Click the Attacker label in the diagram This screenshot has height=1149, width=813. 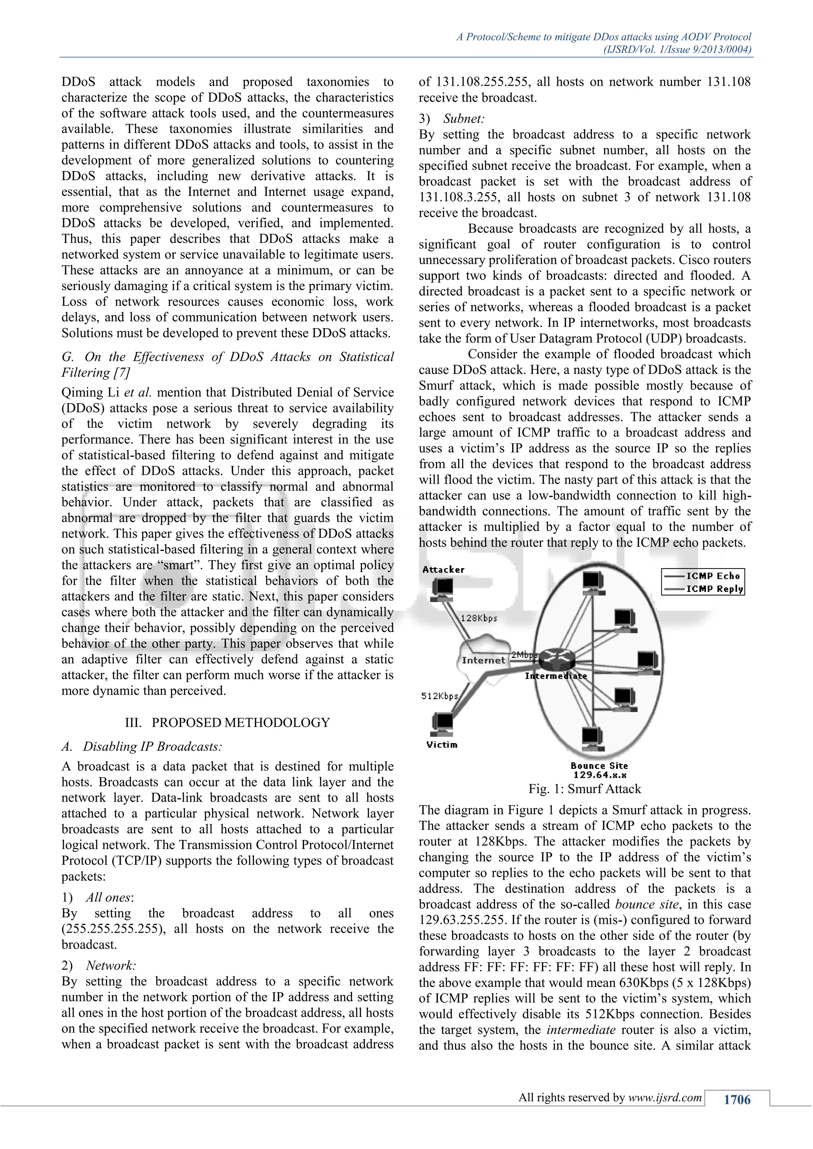443,569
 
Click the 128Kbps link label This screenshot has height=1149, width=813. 479,618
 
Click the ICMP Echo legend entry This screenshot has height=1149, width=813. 713,576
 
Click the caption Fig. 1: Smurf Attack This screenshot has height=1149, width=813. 584,789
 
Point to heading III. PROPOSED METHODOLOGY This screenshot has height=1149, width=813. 227,722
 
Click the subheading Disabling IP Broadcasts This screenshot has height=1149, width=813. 152,747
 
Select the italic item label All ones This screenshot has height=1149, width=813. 109,897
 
